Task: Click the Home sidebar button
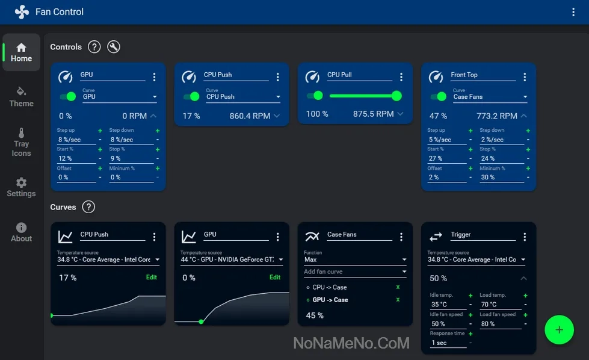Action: pyautogui.click(x=21, y=52)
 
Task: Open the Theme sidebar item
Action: pyautogui.click(x=21, y=96)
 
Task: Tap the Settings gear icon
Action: pyautogui.click(x=21, y=182)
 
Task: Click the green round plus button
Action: pyautogui.click(x=559, y=329)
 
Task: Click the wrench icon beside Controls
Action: pyautogui.click(x=113, y=47)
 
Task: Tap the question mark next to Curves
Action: pyautogui.click(x=88, y=207)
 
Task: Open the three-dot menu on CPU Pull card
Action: pyautogui.click(x=401, y=77)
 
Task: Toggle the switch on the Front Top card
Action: pyautogui.click(x=438, y=96)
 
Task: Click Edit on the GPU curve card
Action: pyautogui.click(x=274, y=278)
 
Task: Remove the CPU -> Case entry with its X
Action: pyautogui.click(x=398, y=287)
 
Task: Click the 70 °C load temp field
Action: pyautogui.click(x=497, y=305)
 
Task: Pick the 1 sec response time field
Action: pyautogui.click(x=447, y=343)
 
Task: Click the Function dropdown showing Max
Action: pyautogui.click(x=355, y=260)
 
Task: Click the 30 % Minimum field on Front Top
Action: pyautogui.click(x=497, y=178)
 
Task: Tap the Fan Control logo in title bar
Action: pyautogui.click(x=22, y=12)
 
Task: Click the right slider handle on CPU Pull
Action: pyautogui.click(x=396, y=96)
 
